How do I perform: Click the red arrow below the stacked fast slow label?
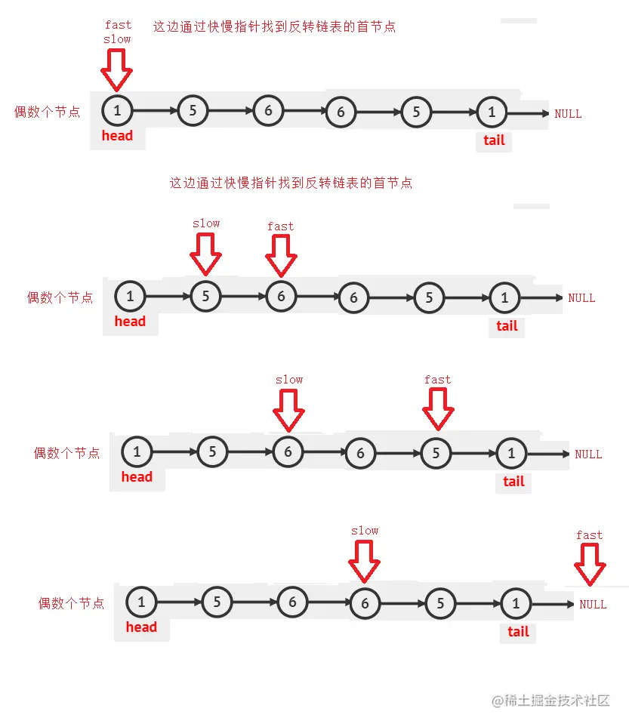(x=116, y=70)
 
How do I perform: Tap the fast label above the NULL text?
(x=589, y=535)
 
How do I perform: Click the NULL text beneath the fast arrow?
(x=593, y=604)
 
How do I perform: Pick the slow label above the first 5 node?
(x=206, y=223)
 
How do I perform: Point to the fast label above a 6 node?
(x=280, y=226)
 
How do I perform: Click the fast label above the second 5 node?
(x=437, y=380)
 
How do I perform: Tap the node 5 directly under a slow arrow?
(x=205, y=297)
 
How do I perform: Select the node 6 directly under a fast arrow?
(x=281, y=297)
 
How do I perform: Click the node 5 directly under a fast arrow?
(x=436, y=453)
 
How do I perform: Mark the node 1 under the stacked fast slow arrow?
(x=117, y=111)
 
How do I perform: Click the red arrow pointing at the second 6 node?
(x=365, y=562)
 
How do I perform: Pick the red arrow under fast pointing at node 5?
(x=438, y=410)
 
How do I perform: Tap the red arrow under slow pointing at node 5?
(x=205, y=254)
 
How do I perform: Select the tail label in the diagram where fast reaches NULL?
(x=518, y=632)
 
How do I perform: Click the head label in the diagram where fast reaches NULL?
(x=141, y=627)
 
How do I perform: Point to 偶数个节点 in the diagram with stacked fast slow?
(x=48, y=112)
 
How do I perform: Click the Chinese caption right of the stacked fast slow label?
(x=274, y=26)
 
